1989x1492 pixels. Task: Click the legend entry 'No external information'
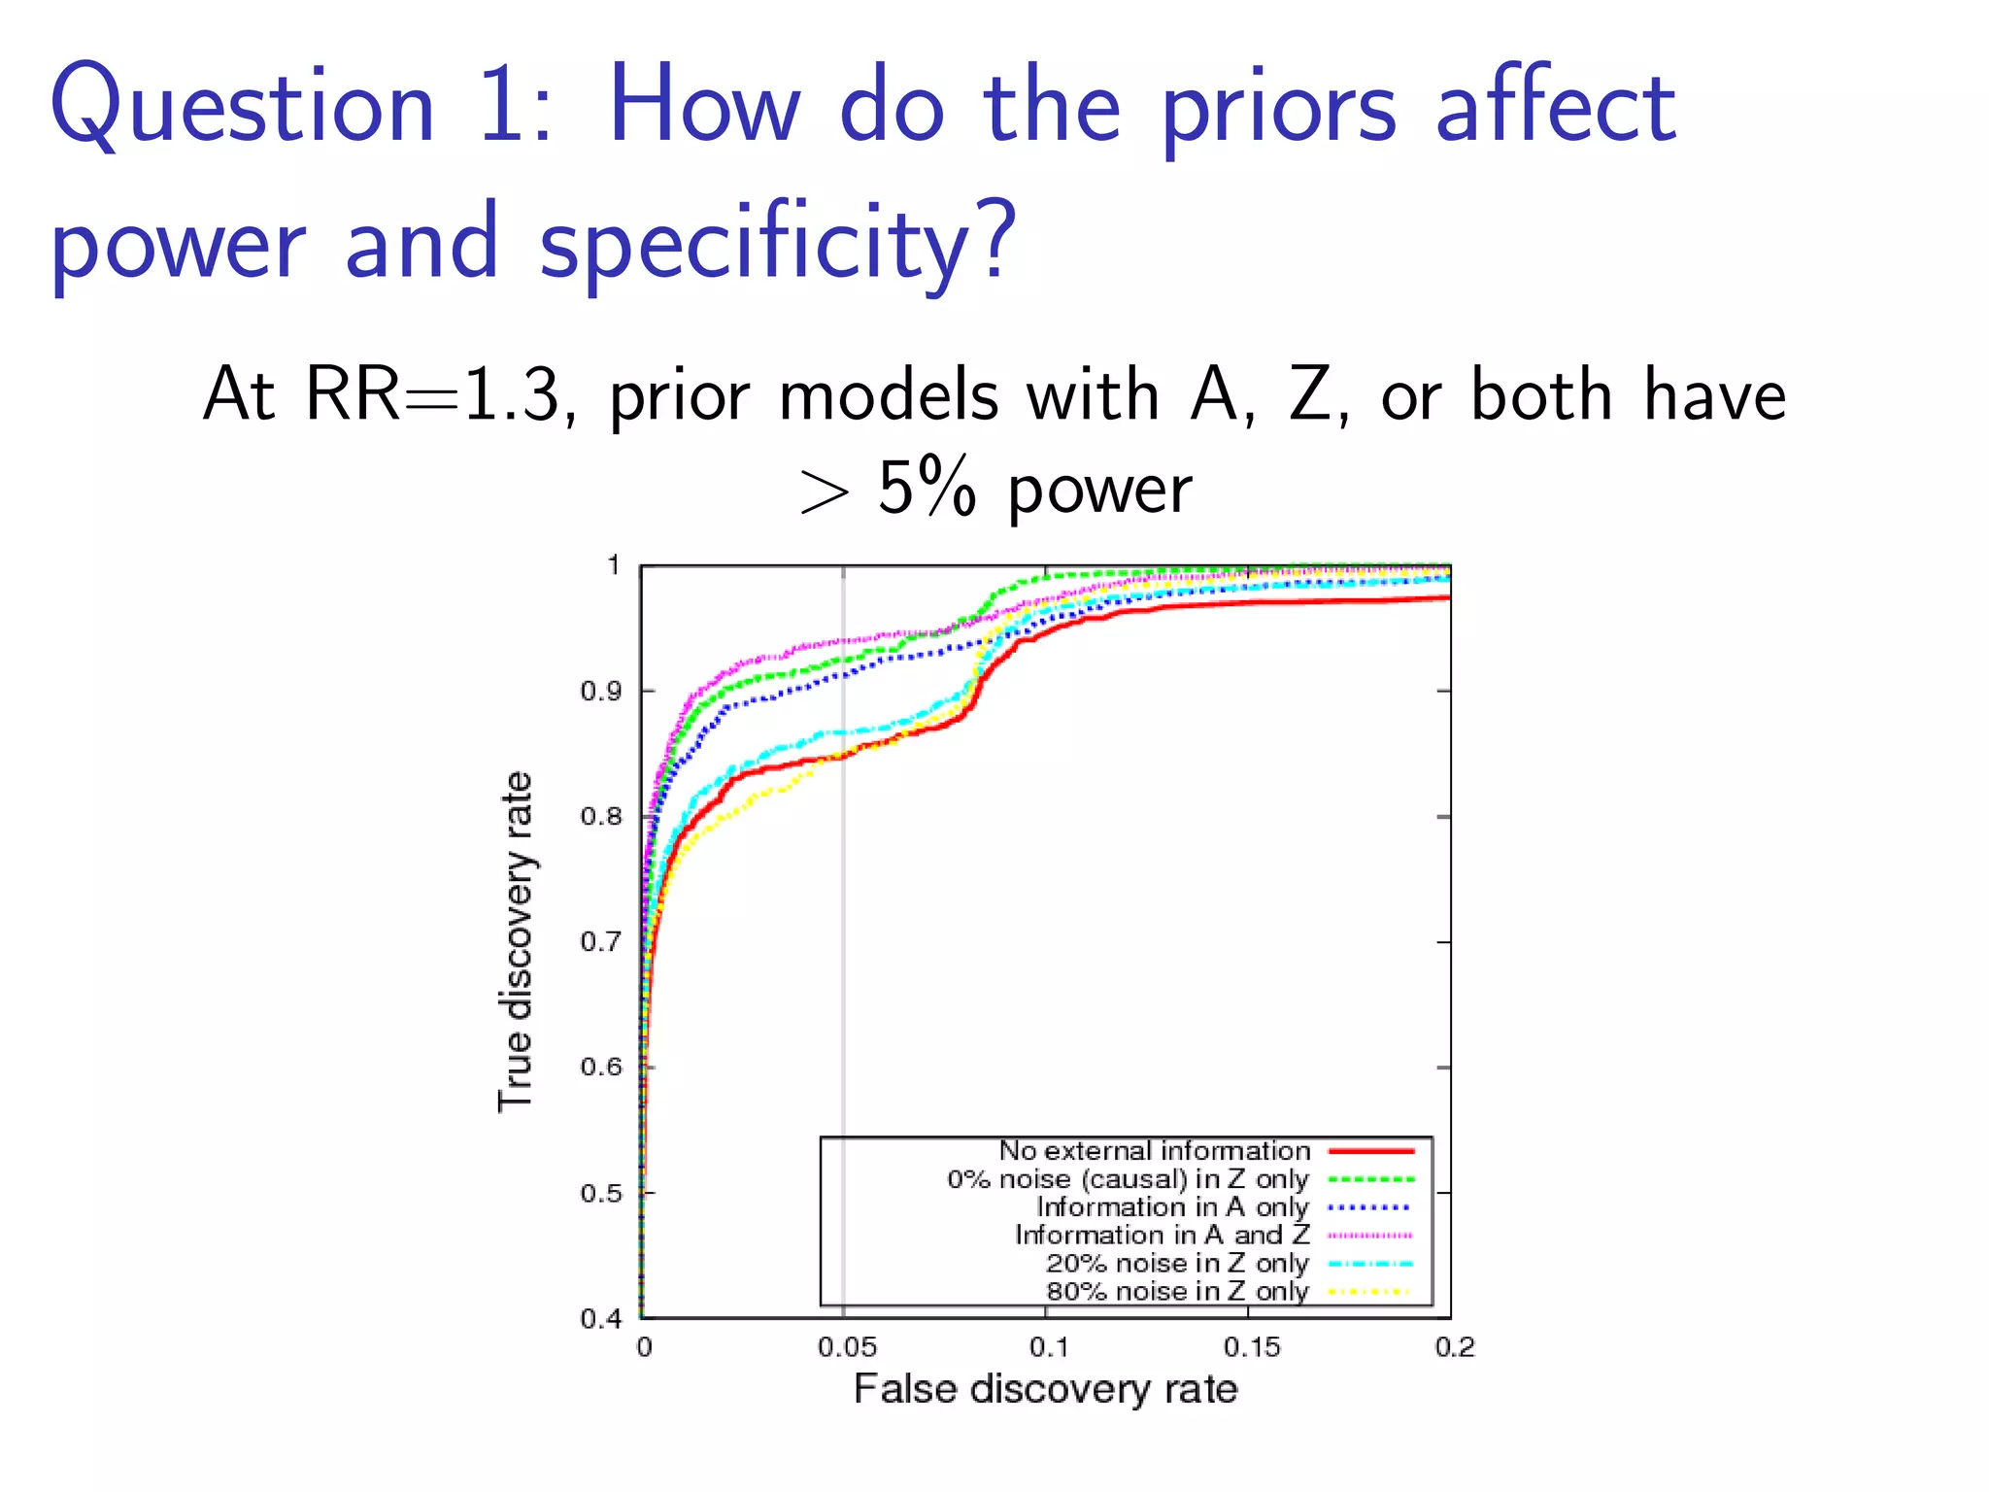pyautogui.click(x=1154, y=1151)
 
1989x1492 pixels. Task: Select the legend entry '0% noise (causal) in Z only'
pyautogui.click(x=1128, y=1179)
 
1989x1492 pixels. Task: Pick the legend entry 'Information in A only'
pyautogui.click(x=1172, y=1207)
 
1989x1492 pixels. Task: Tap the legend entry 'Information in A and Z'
pyautogui.click(x=1162, y=1236)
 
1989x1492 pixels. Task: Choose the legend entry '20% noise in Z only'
pyautogui.click(x=1177, y=1264)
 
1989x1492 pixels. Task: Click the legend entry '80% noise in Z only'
pyautogui.click(x=1177, y=1292)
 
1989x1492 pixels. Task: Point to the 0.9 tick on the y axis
pyautogui.click(x=600, y=692)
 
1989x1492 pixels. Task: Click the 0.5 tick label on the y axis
pyautogui.click(x=600, y=1193)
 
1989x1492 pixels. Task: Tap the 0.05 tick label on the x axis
pyautogui.click(x=846, y=1348)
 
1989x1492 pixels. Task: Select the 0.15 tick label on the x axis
pyautogui.click(x=1251, y=1348)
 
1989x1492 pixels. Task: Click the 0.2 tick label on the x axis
pyautogui.click(x=1454, y=1348)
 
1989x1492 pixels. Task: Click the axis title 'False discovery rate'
pyautogui.click(x=1045, y=1390)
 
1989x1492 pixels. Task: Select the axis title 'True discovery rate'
pyautogui.click(x=516, y=942)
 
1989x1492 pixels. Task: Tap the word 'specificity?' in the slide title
pyautogui.click(x=778, y=243)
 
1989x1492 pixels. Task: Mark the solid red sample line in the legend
pyautogui.click(x=1370, y=1151)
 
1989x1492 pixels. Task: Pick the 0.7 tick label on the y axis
pyautogui.click(x=600, y=942)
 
